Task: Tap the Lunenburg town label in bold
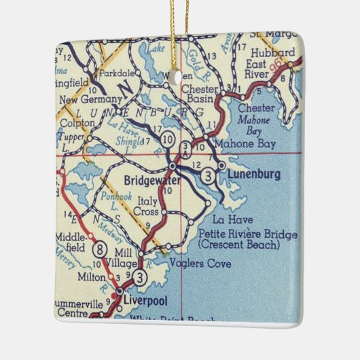pyautogui.click(x=254, y=175)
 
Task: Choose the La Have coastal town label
pyautogui.click(x=228, y=219)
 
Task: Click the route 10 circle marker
pyautogui.click(x=166, y=139)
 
